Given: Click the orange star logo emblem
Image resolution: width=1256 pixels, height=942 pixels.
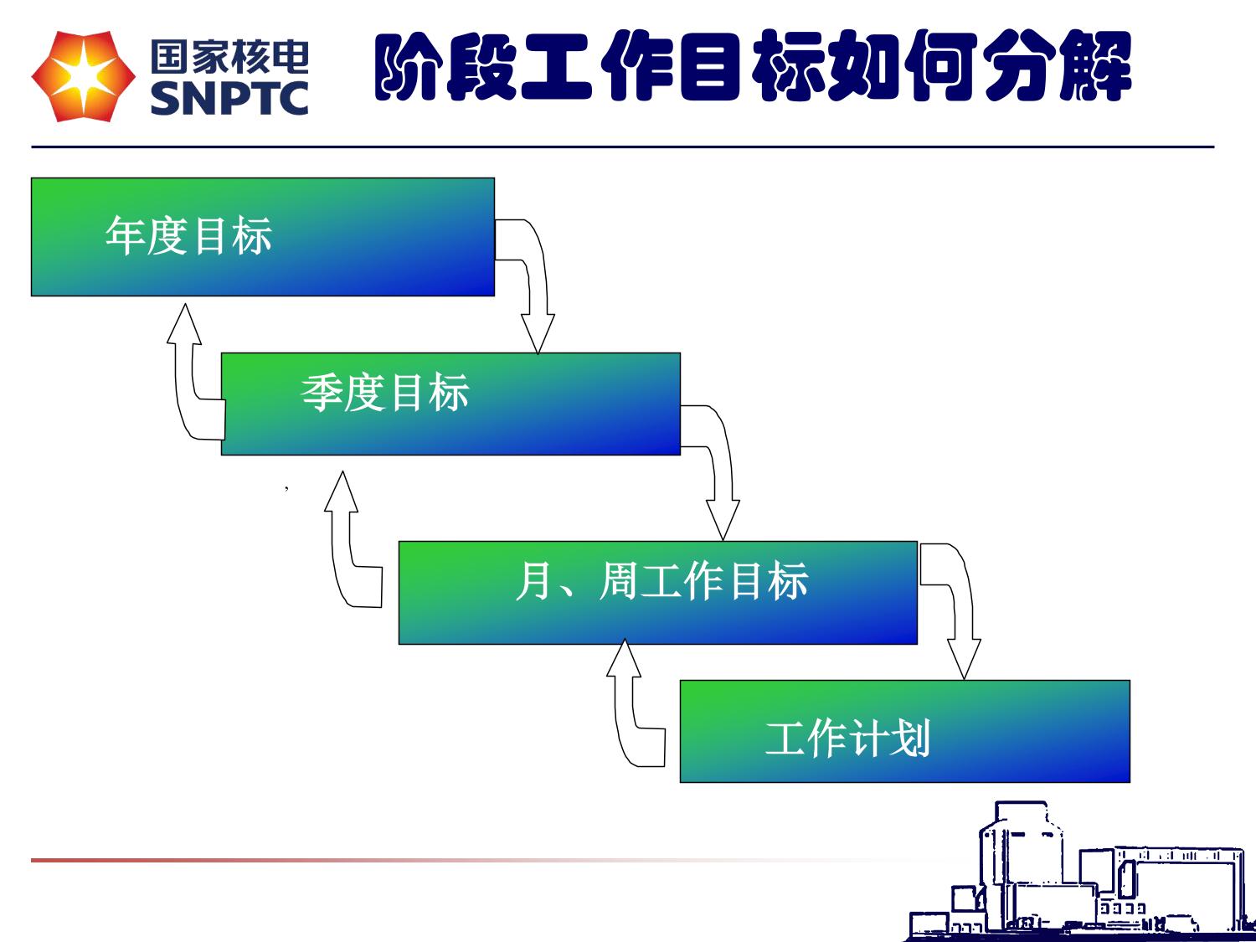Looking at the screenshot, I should click(83, 77).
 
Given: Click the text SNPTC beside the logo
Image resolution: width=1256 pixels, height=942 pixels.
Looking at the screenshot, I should click(229, 98).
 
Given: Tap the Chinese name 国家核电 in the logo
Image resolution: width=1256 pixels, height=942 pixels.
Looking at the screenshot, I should click(229, 57).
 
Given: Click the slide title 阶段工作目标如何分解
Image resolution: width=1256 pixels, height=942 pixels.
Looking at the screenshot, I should click(753, 66).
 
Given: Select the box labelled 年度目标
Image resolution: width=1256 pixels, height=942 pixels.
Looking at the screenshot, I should click(262, 237).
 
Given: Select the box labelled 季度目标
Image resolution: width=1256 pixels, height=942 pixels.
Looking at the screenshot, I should click(450, 404).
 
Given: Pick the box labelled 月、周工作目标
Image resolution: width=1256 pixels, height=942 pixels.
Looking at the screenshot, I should click(657, 592).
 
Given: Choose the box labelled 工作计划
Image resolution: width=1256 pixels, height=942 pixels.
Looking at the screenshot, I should click(904, 731).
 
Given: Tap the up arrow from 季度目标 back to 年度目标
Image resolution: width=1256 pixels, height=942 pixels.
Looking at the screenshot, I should click(188, 377).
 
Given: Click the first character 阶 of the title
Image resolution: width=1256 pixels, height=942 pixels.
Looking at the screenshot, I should click(409, 67).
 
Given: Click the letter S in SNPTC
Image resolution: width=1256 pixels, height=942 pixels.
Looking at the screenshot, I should click(164, 98).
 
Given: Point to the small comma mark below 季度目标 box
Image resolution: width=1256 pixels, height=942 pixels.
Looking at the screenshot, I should click(286, 486).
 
